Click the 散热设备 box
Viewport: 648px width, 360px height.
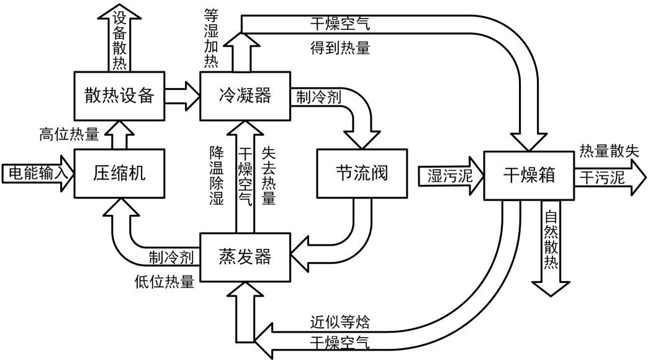(119, 96)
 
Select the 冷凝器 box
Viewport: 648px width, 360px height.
(245, 96)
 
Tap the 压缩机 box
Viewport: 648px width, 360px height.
(119, 173)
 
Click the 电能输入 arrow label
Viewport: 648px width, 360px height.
(35, 173)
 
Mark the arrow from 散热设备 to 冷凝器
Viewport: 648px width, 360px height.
(182, 96)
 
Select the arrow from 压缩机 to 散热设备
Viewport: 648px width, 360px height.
(119, 133)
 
